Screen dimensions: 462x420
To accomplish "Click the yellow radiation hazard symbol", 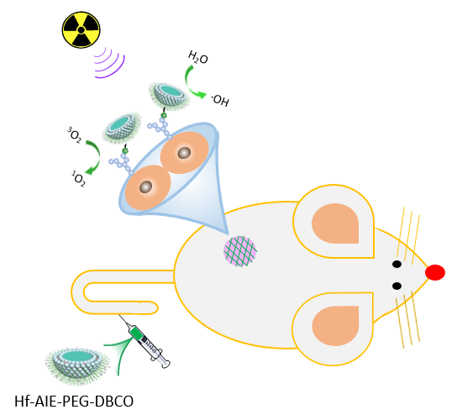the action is (x=81, y=29).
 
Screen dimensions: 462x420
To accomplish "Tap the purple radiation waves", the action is (x=109, y=63).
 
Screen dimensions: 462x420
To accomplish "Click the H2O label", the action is (x=198, y=57).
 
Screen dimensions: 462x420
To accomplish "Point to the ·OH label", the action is (x=220, y=100).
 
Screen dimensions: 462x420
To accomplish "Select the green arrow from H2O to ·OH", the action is (x=188, y=85).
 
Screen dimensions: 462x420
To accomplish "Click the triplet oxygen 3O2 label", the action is (x=74, y=134).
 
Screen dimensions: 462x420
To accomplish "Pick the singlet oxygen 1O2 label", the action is (x=78, y=179).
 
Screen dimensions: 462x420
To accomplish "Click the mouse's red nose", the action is (x=435, y=272).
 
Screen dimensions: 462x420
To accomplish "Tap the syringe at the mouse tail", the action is (x=146, y=343).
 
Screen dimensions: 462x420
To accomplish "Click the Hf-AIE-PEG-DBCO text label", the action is (x=74, y=402).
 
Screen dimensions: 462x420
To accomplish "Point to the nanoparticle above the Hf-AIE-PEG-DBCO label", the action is (x=77, y=365).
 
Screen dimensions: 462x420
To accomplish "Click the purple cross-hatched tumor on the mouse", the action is (x=240, y=251).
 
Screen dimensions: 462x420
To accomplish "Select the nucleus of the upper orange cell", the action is (x=185, y=153).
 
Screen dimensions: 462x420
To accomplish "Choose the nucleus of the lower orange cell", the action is (x=145, y=186).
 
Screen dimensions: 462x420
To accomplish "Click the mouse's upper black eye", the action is (x=396, y=264).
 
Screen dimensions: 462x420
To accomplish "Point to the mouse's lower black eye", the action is (x=396, y=286).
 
